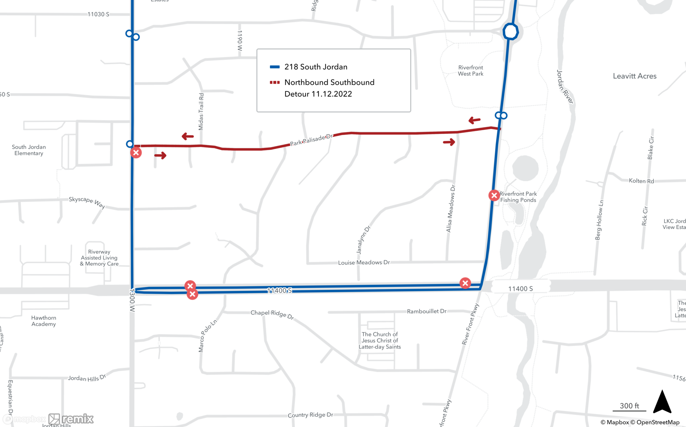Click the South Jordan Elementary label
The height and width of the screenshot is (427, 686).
(29, 150)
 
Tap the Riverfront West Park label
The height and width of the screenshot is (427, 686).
(471, 71)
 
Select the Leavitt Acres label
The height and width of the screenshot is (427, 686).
(635, 76)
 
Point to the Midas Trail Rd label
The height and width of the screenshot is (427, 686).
(201, 112)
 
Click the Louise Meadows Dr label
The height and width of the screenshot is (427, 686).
(364, 262)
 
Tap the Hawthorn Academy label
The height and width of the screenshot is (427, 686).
(44, 321)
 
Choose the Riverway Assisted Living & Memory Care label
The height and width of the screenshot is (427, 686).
(99, 258)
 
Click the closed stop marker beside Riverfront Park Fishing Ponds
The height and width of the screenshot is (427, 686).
(494, 195)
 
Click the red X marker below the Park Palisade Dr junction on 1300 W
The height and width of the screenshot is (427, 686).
(136, 153)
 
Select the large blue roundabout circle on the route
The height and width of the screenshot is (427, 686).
(510, 32)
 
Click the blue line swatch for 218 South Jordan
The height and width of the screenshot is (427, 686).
(275, 67)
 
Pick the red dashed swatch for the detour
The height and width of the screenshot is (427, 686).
(275, 82)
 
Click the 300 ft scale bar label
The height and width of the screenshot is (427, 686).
(629, 406)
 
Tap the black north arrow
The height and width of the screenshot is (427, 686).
(662, 402)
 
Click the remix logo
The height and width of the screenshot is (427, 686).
(71, 419)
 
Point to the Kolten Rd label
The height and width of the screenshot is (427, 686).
(641, 181)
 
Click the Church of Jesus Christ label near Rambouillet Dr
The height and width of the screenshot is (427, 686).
(380, 340)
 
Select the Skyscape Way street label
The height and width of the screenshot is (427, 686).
(87, 202)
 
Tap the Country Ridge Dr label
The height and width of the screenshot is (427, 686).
(310, 415)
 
